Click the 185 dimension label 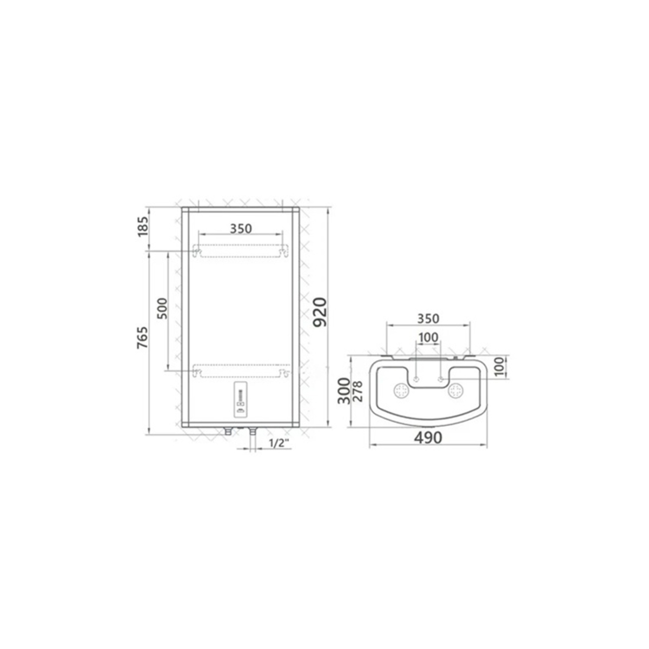coord(143,227)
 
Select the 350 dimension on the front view coord(241,229)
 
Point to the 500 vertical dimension coord(162,308)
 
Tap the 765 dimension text coord(143,337)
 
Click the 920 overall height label coord(320,312)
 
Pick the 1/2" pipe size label coord(280,443)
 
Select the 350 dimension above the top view coord(428,319)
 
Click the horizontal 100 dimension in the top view coord(428,337)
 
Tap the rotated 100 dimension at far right coord(500,367)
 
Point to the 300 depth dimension coord(344,390)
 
